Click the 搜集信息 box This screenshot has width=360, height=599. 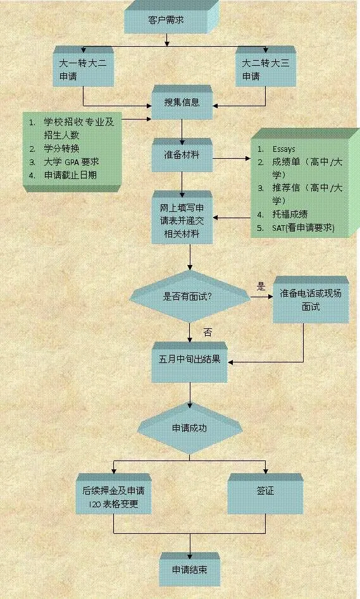[182, 102]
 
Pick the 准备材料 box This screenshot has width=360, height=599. [182, 155]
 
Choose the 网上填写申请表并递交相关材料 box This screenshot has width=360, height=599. [182, 218]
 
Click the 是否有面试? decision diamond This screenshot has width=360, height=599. [190, 297]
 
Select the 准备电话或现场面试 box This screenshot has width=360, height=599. [311, 300]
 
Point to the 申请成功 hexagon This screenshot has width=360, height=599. [190, 428]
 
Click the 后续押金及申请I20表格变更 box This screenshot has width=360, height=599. [113, 494]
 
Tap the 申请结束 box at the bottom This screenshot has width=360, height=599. [190, 569]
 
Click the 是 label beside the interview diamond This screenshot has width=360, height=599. [261, 287]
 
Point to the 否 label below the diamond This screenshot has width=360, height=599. [208, 333]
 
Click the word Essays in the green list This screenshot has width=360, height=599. [284, 149]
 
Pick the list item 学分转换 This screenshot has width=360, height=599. [61, 148]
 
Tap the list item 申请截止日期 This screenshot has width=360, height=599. [70, 175]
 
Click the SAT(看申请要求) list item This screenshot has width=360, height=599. [304, 228]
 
